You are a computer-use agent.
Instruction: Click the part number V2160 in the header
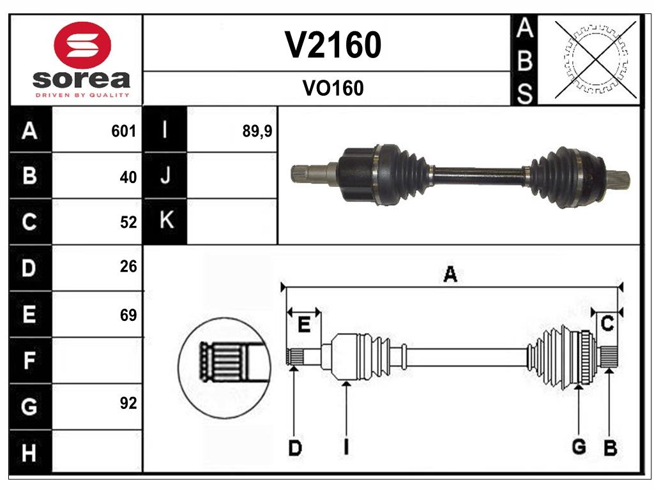click(333, 45)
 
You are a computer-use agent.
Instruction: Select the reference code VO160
click(333, 88)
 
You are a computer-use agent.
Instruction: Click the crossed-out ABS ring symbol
click(596, 59)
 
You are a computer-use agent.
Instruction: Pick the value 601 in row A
click(124, 131)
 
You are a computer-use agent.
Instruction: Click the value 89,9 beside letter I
click(257, 131)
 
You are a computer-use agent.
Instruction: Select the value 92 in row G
click(128, 403)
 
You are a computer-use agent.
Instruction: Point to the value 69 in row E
click(128, 315)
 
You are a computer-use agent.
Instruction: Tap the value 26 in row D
click(128, 267)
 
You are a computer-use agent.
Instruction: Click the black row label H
click(29, 453)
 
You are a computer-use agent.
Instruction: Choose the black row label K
click(165, 221)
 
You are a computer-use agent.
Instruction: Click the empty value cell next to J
click(232, 175)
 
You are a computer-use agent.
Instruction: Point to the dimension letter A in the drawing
click(450, 275)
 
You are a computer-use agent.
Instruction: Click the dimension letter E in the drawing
click(304, 325)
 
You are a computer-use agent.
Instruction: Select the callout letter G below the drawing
click(579, 447)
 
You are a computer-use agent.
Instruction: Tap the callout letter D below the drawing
click(294, 448)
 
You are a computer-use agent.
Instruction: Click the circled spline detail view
click(224, 368)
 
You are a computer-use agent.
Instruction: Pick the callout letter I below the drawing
click(346, 448)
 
